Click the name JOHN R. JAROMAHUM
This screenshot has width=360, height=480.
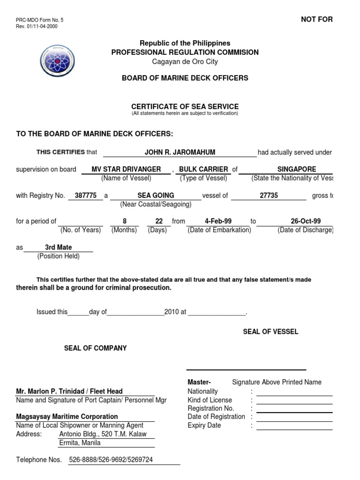180,152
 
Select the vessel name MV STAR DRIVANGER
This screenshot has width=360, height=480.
127,169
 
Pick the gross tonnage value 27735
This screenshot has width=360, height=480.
269,195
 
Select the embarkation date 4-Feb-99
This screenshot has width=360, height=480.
218,221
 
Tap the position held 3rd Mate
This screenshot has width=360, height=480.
58,247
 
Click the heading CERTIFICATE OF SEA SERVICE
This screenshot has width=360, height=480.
185,107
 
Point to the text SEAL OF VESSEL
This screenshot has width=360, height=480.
270,332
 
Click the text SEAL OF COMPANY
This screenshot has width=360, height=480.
95,348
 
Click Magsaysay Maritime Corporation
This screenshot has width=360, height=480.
67,417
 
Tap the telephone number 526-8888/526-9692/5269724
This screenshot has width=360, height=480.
111,460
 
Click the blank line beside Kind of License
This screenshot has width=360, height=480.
294,400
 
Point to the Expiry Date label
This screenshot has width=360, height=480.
204,426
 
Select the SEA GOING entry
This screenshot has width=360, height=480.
156,195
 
